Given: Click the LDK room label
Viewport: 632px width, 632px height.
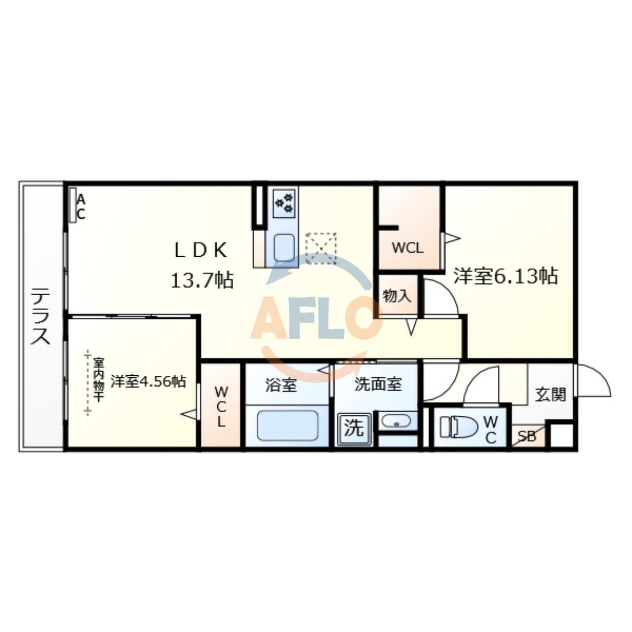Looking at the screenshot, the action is click(x=201, y=250).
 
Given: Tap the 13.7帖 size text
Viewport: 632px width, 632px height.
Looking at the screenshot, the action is click(x=202, y=280).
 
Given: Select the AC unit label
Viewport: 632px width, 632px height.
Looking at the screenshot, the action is click(x=80, y=206).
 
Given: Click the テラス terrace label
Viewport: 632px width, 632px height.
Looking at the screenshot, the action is click(x=40, y=316).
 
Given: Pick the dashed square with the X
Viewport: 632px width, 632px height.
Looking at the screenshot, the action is click(x=321, y=248).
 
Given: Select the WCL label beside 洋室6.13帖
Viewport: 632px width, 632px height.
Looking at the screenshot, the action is click(x=407, y=248).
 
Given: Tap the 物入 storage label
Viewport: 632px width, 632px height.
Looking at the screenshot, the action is click(x=397, y=296).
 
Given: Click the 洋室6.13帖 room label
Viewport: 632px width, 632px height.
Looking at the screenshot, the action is click(x=506, y=276).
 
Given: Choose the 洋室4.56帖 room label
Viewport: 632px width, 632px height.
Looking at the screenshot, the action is click(x=148, y=382).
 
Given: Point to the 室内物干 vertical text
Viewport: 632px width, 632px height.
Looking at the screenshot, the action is click(x=98, y=381).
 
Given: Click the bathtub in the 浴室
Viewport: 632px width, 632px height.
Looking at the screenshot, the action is click(x=288, y=426).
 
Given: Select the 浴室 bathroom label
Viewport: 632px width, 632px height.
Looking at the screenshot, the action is click(x=281, y=385).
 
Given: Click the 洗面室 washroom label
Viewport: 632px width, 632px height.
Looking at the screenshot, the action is click(x=378, y=384).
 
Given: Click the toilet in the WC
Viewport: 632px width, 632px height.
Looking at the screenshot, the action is click(x=459, y=427).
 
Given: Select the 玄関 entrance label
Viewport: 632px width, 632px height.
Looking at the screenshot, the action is click(x=551, y=395).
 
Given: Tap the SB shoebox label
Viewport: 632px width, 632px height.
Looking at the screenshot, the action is click(x=527, y=436).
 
